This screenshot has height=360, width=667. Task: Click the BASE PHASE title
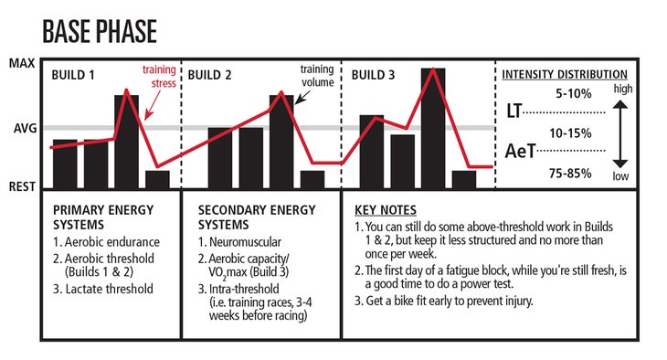click(100, 31)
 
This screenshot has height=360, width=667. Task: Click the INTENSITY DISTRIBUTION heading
click(566, 75)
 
